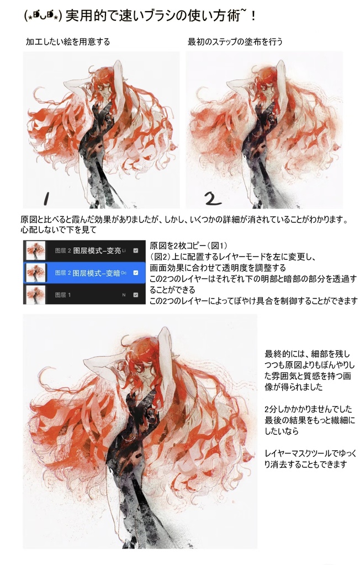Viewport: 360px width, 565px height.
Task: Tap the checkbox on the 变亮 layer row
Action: (136, 250)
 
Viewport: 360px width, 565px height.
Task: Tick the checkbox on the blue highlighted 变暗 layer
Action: (136, 273)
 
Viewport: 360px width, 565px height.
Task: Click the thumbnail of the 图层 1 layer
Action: (35, 295)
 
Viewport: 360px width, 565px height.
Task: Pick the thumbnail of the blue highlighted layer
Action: (35, 272)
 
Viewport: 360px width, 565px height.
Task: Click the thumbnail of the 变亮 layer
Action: (35, 249)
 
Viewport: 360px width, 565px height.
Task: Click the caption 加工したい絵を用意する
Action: (67, 42)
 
